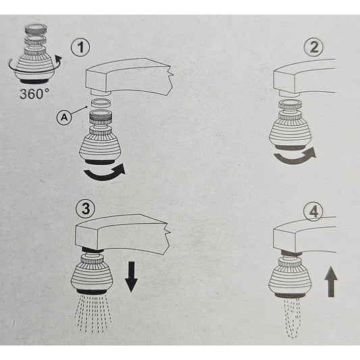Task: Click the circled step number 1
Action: (x=80, y=47)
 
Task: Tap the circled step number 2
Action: (x=313, y=47)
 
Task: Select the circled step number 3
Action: (x=86, y=209)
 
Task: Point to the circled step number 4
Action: (x=313, y=212)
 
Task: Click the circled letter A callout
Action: (x=64, y=118)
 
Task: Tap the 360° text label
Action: (x=34, y=94)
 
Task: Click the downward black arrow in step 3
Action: (x=131, y=277)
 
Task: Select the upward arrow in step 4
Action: (x=331, y=282)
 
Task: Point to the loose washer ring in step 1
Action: (x=100, y=103)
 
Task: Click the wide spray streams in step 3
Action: (x=93, y=313)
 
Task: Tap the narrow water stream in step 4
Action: (x=292, y=318)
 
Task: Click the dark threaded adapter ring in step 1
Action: (x=100, y=117)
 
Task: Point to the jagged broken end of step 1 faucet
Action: (x=170, y=79)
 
